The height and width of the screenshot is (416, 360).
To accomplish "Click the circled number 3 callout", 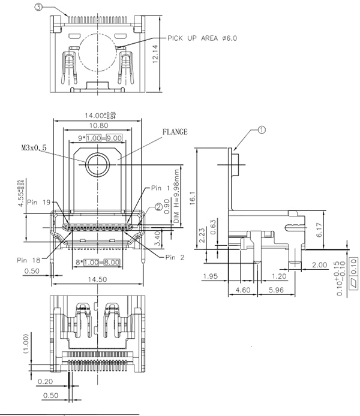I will tap(39, 8).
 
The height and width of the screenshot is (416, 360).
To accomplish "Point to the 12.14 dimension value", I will tap(155, 55).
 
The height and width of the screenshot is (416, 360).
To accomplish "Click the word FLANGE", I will tap(175, 131).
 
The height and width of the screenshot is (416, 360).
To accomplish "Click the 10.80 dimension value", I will tap(98, 126).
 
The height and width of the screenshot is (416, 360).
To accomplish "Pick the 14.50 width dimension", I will tap(98, 280).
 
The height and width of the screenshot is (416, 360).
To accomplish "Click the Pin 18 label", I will tap(28, 260).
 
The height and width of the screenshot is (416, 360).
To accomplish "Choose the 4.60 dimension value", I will tap(242, 290).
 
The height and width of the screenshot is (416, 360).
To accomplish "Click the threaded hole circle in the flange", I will tap(97, 164).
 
